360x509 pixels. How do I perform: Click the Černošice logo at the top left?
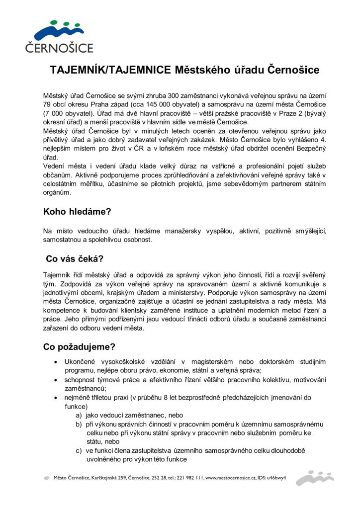[59, 36]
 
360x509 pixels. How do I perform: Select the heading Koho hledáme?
[77, 211]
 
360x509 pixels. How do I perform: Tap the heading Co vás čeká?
[75, 258]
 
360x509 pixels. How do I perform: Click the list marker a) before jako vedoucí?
[79, 415]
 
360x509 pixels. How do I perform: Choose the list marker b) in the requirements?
[79, 424]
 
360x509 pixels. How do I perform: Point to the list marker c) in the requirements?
[79, 451]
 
